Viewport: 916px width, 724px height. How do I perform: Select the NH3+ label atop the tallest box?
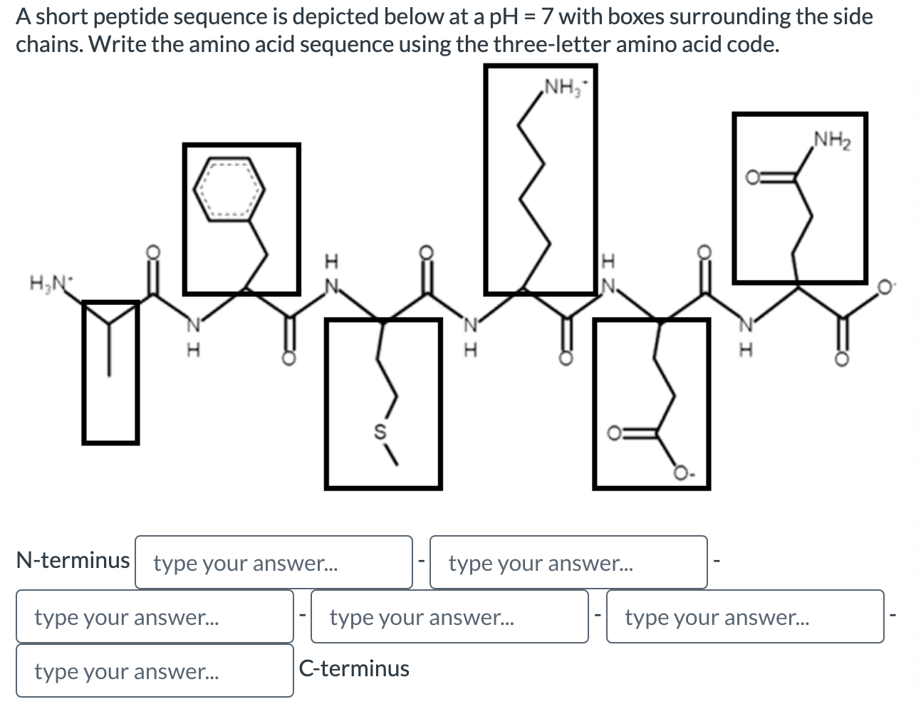coord(562,89)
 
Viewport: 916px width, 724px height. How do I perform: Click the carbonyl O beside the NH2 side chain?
coord(752,178)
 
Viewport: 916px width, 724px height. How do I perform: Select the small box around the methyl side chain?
coord(110,372)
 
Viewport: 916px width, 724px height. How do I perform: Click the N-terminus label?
coord(73,561)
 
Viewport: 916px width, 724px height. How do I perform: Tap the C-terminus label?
coord(354,669)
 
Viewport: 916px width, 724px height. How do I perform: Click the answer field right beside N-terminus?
coord(274,563)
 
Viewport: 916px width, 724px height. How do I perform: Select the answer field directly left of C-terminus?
coord(155,671)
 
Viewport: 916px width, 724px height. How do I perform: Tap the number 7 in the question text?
coord(547,16)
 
